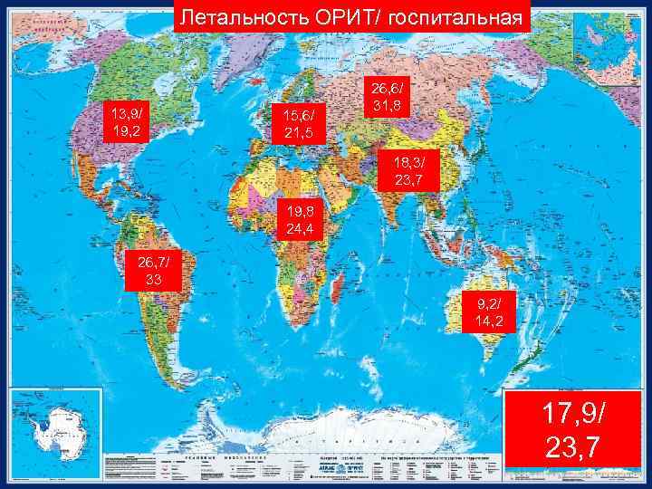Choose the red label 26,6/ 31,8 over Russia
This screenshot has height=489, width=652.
(389, 96)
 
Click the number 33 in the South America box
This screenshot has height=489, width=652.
(154, 280)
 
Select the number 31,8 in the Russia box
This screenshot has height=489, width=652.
(389, 105)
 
